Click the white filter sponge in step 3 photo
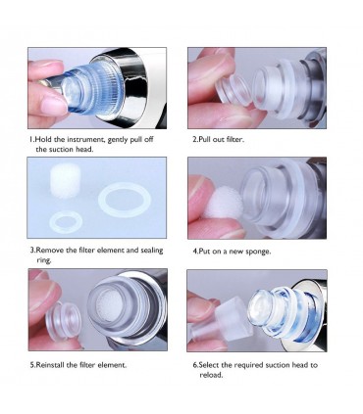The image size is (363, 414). pyautogui.click(x=66, y=178)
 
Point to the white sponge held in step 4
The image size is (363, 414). pyautogui.click(x=224, y=203)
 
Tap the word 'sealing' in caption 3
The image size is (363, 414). pyautogui.click(x=152, y=251)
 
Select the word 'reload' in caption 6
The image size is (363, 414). pyautogui.click(x=211, y=375)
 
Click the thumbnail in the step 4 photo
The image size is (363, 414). pyautogui.click(x=198, y=193)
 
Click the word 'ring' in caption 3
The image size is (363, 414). pyautogui.click(x=43, y=260)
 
